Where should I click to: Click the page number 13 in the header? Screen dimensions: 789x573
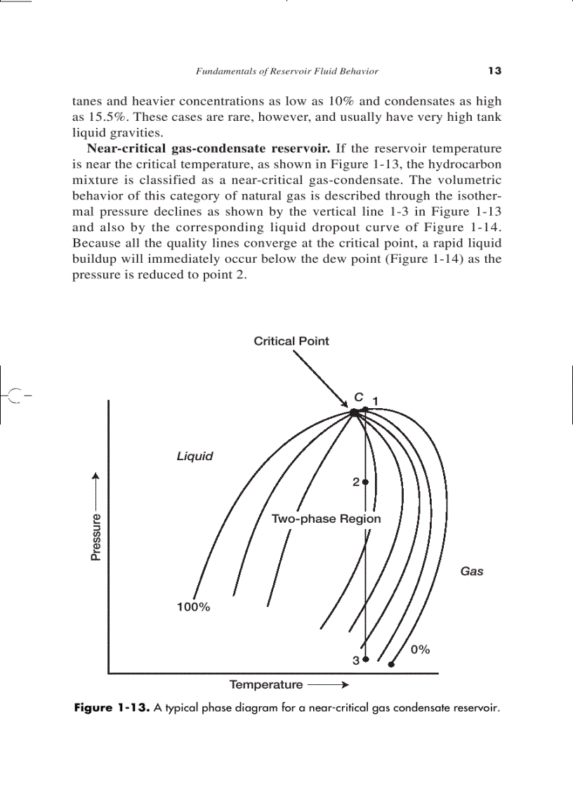(494, 71)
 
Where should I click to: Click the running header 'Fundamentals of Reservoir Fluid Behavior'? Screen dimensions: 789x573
(286, 71)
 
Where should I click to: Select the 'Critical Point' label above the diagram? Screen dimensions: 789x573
(291, 341)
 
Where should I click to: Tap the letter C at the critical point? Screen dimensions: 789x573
(358, 398)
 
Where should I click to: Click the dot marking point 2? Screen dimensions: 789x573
(365, 482)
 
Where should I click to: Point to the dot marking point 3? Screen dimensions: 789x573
(365, 660)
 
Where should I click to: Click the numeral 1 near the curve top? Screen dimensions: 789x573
(376, 400)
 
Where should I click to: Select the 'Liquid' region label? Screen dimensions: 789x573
(195, 456)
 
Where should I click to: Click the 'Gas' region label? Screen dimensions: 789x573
(471, 571)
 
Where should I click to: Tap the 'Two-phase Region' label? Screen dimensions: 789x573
(326, 519)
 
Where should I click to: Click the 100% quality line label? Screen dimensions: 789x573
(192, 607)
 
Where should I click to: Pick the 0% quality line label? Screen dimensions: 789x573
(420, 650)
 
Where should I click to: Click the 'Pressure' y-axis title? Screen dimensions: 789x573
(96, 537)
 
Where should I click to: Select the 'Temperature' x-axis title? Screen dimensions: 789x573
(266, 684)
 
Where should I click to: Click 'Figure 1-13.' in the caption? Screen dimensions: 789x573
(112, 708)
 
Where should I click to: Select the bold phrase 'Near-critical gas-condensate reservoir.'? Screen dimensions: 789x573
(209, 149)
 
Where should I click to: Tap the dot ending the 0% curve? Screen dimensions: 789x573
(392, 664)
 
